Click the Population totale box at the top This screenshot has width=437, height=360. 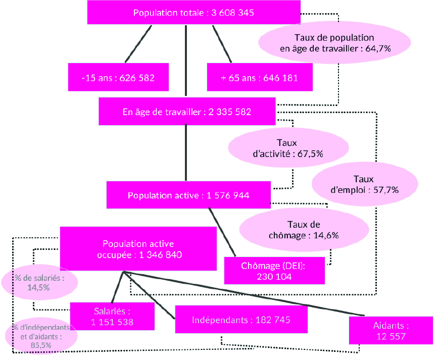pyautogui.click(x=193, y=12)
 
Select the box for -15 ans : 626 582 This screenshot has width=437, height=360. pyautogui.click(x=118, y=77)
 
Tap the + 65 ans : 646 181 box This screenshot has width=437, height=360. pyautogui.click(x=260, y=77)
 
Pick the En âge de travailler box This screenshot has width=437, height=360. pyautogui.click(x=187, y=112)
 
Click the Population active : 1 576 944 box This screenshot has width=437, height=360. pyautogui.click(x=188, y=195)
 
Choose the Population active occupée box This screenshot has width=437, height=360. pyautogui.click(x=138, y=248)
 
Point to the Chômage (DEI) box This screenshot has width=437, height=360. pyautogui.click(x=274, y=271)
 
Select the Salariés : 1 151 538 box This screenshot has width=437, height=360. pyautogui.click(x=112, y=316)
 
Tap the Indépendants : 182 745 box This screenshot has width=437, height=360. pyautogui.click(x=241, y=319)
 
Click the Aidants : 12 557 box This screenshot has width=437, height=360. pyautogui.click(x=391, y=331)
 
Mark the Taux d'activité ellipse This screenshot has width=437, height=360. pyautogui.click(x=288, y=147)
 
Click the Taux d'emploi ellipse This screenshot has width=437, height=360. pyautogui.click(x=365, y=184)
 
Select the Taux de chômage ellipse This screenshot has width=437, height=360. pyautogui.click(x=304, y=230)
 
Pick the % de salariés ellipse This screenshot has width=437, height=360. pyautogui.click(x=39, y=282)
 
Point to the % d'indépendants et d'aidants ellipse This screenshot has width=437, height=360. pyautogui.click(x=41, y=335)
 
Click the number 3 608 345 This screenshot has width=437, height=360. pyautogui.click(x=233, y=13)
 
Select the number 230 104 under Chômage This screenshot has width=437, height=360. pyautogui.click(x=274, y=276)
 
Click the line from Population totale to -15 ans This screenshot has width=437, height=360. pyautogui.click(x=138, y=44)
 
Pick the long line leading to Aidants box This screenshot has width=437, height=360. pyautogui.click(x=244, y=293)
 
